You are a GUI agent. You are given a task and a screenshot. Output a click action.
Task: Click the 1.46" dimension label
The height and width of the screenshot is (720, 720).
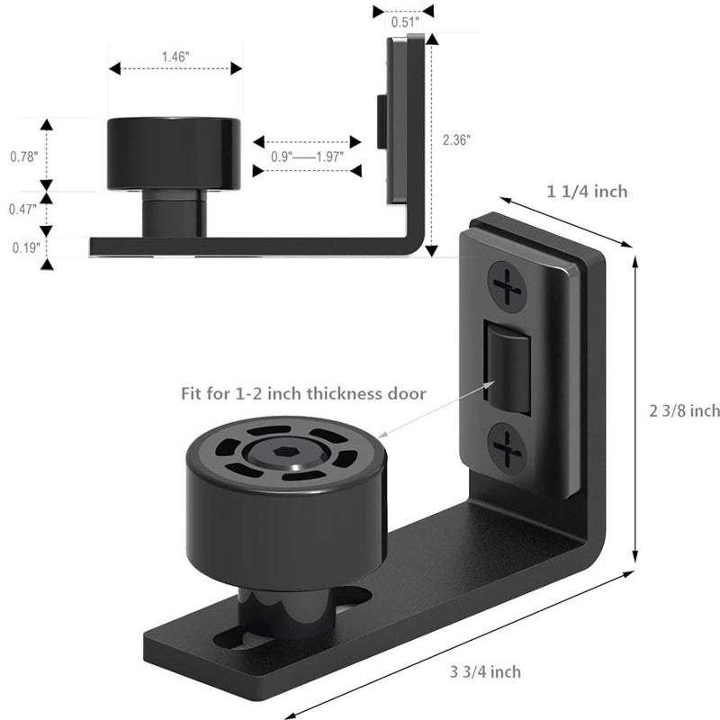tap(175, 56)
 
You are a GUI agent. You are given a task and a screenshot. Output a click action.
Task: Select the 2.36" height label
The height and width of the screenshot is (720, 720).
tap(456, 139)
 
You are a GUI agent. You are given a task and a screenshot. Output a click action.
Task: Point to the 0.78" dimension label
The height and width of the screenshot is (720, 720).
tap(23, 156)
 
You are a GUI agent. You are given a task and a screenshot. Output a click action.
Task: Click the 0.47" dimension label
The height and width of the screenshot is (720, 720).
tap(23, 209)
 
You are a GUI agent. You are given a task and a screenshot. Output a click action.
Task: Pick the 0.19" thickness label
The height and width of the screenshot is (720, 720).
tap(23, 245)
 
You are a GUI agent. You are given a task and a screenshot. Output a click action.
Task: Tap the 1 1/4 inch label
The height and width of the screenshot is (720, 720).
tap(586, 191)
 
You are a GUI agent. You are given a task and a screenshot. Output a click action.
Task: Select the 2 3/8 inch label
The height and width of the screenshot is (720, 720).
tap(684, 410)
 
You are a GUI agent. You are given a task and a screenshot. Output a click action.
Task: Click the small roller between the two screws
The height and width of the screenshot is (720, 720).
tap(506, 367)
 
